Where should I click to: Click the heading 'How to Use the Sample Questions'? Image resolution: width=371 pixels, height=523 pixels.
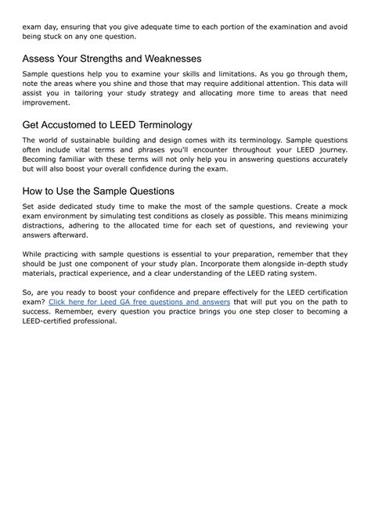pos(99,192)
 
